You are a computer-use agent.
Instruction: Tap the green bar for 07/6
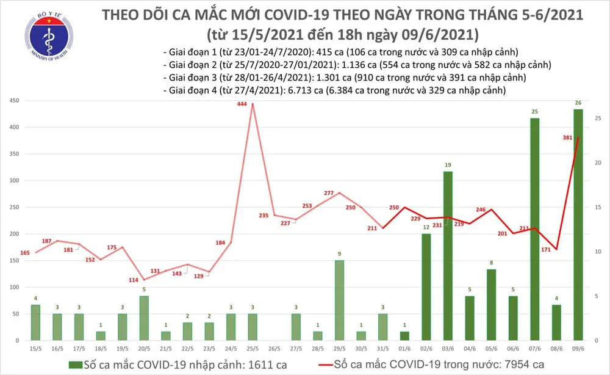(534, 229)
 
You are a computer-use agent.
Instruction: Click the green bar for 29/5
(339, 300)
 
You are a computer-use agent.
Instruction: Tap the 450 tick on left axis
(14, 101)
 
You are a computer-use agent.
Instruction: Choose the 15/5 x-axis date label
(35, 349)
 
